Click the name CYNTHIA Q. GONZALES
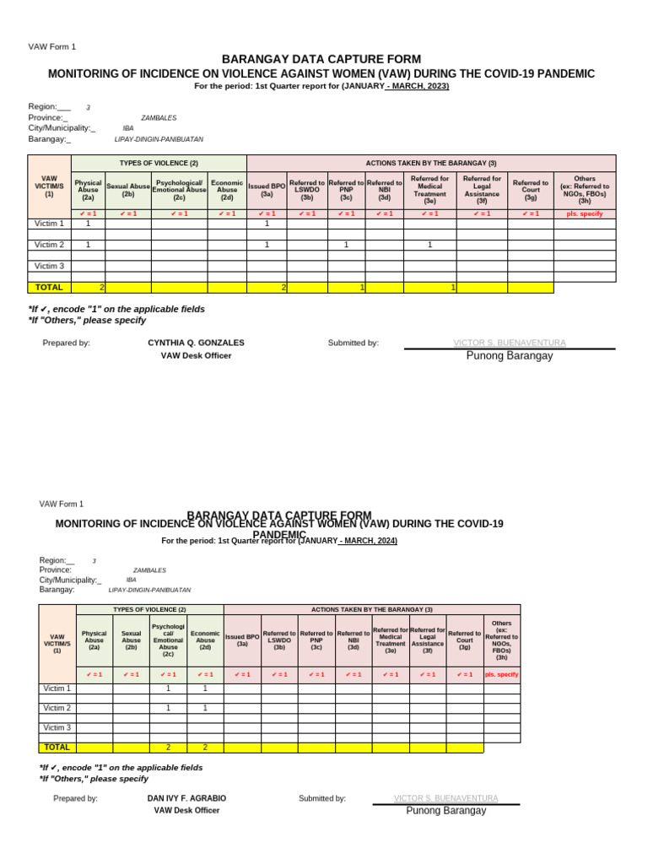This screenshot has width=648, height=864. tap(196, 343)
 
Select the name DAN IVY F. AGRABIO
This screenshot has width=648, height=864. tap(186, 798)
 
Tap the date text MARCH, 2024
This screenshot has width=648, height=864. tap(369, 541)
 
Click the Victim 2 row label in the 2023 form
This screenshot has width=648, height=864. tap(49, 245)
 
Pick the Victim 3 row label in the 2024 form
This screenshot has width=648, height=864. tap(57, 727)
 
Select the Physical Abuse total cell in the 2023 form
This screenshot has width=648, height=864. tap(89, 288)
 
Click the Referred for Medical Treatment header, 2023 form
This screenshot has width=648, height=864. tap(429, 190)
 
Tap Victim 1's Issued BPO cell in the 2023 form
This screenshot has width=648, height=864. tap(267, 224)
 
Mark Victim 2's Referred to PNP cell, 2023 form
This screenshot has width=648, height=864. tap(346, 245)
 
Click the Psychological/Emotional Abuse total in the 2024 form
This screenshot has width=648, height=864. tap(168, 748)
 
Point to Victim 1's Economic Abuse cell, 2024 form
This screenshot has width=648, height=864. tap(205, 688)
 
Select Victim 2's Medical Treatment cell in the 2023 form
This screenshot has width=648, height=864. tap(429, 245)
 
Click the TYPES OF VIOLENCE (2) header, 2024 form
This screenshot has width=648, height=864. tap(150, 609)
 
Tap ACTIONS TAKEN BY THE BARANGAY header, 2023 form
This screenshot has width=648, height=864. tap(431, 163)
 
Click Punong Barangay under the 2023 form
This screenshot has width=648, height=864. tap(510, 356)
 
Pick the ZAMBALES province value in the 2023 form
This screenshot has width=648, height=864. tap(159, 118)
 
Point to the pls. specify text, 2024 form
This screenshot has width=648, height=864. tap(502, 674)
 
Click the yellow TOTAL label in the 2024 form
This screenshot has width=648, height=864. tap(57, 748)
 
